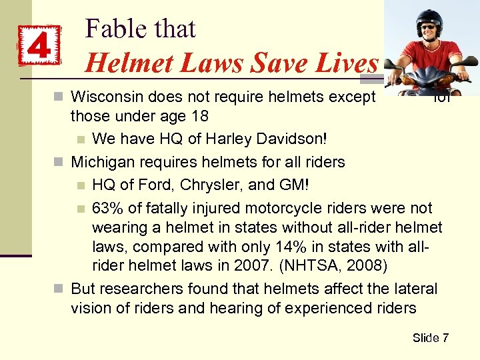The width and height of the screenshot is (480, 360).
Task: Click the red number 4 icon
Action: click(39, 46)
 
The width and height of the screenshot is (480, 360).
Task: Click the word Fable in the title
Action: click(113, 29)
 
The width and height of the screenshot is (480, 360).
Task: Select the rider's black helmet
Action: click(429, 18)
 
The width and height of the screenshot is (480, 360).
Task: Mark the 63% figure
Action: click(107, 209)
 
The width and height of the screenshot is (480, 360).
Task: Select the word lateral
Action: click(415, 289)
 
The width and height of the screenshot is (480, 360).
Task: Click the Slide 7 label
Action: click(430, 338)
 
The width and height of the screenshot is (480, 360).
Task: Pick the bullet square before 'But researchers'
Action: click(59, 289)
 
